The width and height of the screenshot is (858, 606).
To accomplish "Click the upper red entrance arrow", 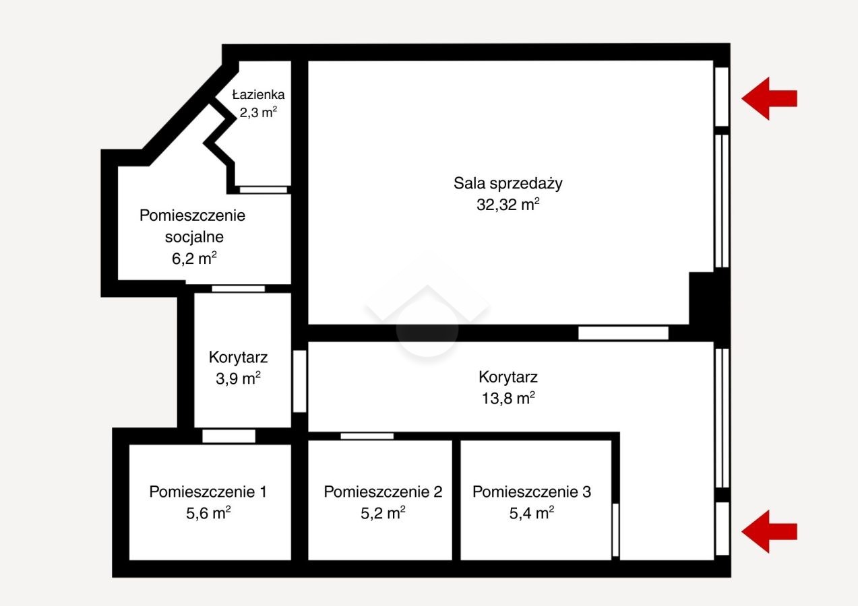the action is [769, 98].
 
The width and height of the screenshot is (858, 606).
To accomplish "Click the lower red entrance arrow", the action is [769, 531].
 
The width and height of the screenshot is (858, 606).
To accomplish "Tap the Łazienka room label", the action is [259, 94].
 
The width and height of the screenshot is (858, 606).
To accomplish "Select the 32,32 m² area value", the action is [508, 204].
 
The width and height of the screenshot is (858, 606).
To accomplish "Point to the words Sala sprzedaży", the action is [508, 183].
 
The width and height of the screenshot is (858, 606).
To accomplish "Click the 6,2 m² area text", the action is [194, 259].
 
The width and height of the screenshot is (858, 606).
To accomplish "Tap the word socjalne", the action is [194, 237].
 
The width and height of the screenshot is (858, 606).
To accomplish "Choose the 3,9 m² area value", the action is [238, 378].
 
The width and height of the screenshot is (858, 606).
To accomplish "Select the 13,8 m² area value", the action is [508, 398].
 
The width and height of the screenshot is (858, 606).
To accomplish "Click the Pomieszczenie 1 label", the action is [208, 492].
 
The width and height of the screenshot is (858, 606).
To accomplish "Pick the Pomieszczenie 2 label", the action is [383, 492].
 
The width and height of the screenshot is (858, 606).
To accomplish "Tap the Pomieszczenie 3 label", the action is [532, 492].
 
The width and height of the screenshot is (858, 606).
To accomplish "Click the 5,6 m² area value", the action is [208, 513].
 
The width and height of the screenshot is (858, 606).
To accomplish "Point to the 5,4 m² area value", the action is [532, 513].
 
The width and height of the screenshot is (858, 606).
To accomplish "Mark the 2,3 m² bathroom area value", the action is [259, 112].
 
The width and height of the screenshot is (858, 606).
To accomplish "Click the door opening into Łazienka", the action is [264, 190].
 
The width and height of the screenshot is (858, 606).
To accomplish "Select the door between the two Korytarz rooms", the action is [299, 381].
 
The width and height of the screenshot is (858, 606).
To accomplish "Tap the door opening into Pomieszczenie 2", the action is [367, 436].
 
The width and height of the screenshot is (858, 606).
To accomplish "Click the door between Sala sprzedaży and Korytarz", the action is [623, 333].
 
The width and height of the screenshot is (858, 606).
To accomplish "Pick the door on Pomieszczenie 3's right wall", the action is [615, 530].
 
